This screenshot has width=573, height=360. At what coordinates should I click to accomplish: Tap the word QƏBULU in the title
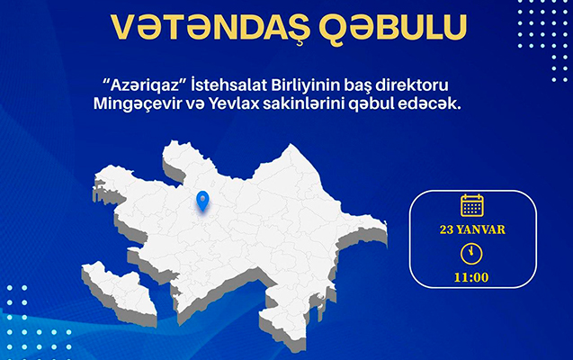380,27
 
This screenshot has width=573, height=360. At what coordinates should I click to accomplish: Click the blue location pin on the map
202,201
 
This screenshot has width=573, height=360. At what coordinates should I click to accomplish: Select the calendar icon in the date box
471,205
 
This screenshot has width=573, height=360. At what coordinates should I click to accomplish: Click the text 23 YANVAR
471,229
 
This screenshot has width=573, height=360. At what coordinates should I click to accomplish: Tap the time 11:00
471,276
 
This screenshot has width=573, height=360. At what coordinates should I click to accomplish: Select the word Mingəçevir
154,105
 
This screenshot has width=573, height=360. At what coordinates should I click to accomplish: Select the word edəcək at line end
432,105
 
